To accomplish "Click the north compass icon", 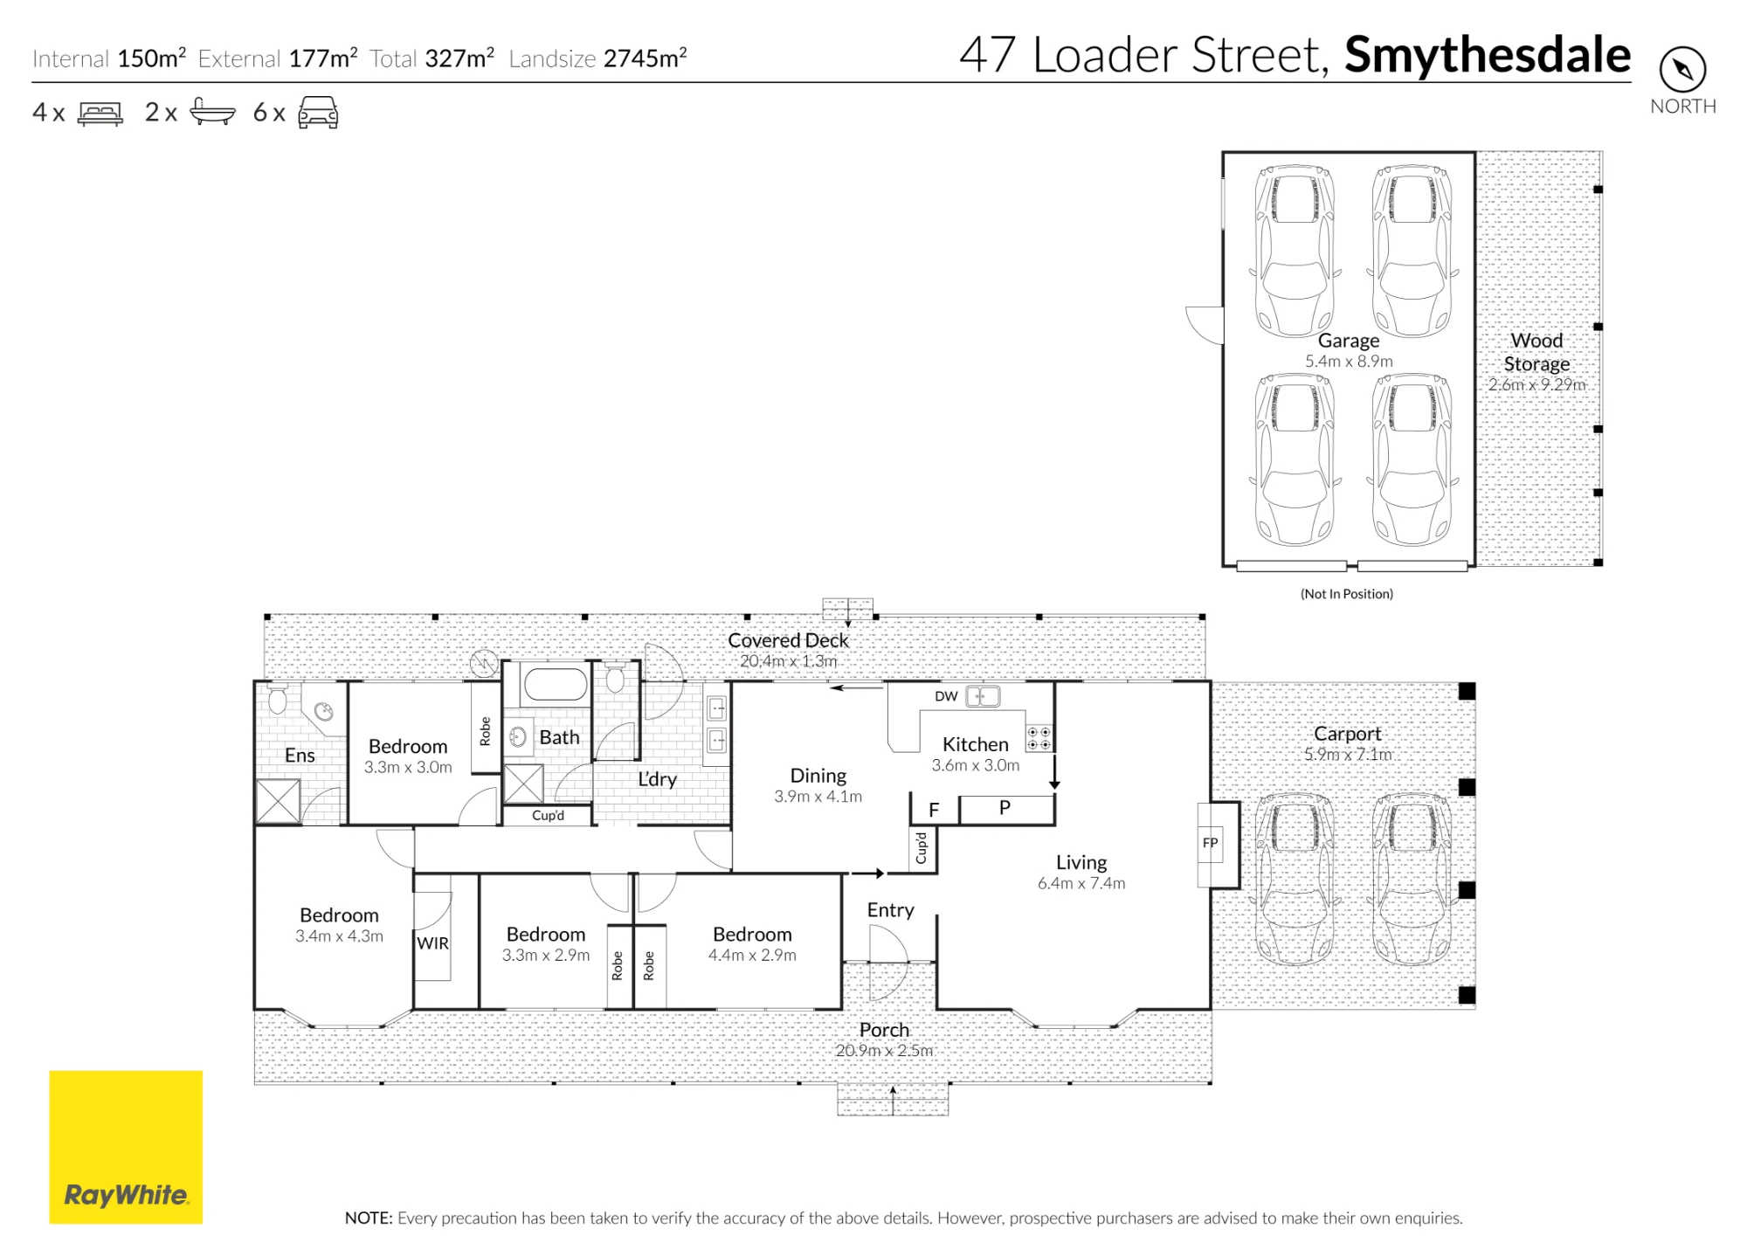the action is coord(1682,69).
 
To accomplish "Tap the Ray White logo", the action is coord(126,1147).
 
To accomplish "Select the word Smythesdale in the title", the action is coord(1488,55).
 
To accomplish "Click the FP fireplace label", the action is coord(1210,843).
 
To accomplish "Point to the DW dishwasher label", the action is coord(946,696).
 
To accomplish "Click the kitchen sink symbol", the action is coord(983,696).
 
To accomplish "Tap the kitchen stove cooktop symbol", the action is coord(1039,738).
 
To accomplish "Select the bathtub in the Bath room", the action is coord(556,685).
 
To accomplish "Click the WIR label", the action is coord(432,943).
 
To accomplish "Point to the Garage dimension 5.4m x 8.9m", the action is coord(1349,361).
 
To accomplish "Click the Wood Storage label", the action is coord(1536,352).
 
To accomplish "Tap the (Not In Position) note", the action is coord(1347,594).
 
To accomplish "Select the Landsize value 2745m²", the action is coord(645,58).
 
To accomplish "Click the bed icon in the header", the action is coord(100,114).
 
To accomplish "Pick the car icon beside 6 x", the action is coord(318,113).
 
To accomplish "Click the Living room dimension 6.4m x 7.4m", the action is coord(1081,883).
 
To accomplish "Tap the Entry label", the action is coord(890,910).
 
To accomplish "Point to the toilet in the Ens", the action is coord(278,699).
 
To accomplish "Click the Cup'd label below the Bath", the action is coord(548,816).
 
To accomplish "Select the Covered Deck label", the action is coord(788,640).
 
